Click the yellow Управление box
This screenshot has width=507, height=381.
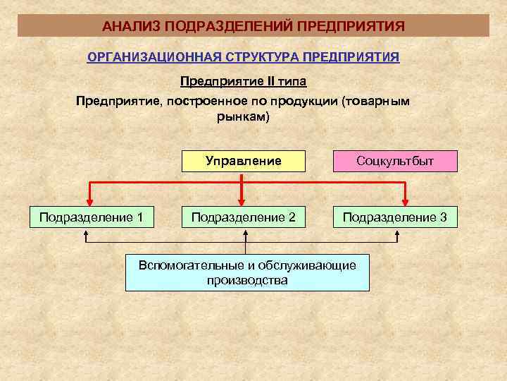click(x=244, y=161)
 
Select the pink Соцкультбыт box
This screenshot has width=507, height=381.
click(x=395, y=161)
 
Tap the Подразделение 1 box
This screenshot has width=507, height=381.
click(x=91, y=217)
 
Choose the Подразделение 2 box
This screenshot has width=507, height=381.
click(x=244, y=217)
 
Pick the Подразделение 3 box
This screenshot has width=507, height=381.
click(x=395, y=217)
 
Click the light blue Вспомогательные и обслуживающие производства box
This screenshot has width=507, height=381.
click(x=247, y=272)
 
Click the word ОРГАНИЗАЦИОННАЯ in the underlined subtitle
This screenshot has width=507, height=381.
click(x=146, y=57)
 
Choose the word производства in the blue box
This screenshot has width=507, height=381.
click(x=247, y=280)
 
